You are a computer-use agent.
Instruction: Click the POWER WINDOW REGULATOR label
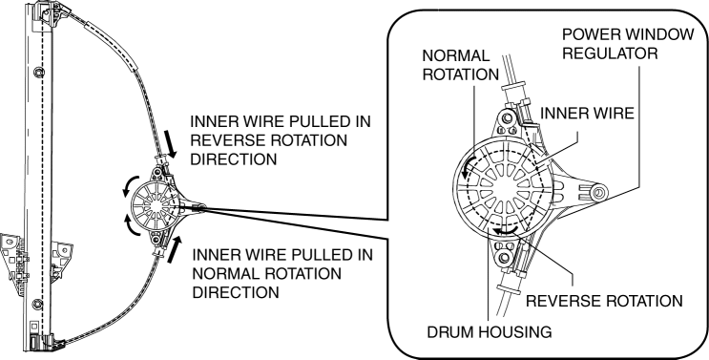[x=628, y=44]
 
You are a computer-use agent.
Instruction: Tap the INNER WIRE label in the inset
[x=587, y=113]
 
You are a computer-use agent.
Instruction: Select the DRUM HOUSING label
[x=490, y=332]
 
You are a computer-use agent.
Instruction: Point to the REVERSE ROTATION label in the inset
[x=604, y=301]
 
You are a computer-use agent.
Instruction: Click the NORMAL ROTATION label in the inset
[x=460, y=65]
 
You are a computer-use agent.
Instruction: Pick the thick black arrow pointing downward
[x=172, y=144]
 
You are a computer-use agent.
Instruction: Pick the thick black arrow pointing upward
[x=174, y=249]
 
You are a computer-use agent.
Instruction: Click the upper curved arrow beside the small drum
[x=130, y=184]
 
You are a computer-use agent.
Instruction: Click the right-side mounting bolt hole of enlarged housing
[x=598, y=193]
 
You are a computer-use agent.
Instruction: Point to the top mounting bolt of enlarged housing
[x=507, y=118]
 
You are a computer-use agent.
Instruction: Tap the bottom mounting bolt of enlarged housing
[x=504, y=259]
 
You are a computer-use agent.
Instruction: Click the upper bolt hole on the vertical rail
[x=38, y=72]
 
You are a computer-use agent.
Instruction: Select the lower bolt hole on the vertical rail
[x=38, y=304]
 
